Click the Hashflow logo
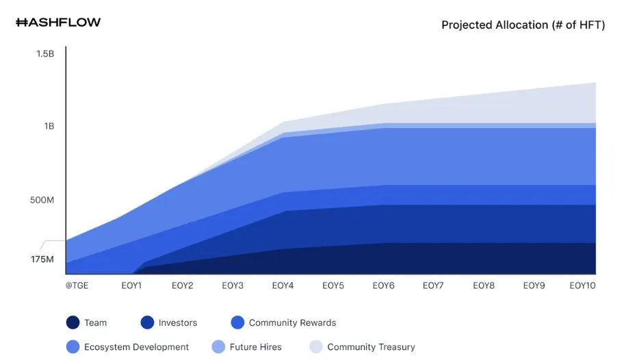pos(58,23)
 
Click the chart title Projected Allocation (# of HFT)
pos(523,25)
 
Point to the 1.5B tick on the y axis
pos(45,53)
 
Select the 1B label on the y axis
pos(48,127)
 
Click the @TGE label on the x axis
pos(77,285)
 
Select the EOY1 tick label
pos(132,285)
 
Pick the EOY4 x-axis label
pos(283,285)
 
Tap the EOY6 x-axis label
pos(383,285)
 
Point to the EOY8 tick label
pos(484,285)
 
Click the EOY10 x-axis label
pos(582,285)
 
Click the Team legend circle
pos(73,322)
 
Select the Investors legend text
pos(178,322)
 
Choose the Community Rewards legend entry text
pos(292,322)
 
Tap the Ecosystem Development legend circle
pos(73,347)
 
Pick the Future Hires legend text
pos(255,347)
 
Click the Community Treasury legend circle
pos(316,347)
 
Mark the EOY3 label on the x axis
pos(233,285)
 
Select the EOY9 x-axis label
pos(534,285)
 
